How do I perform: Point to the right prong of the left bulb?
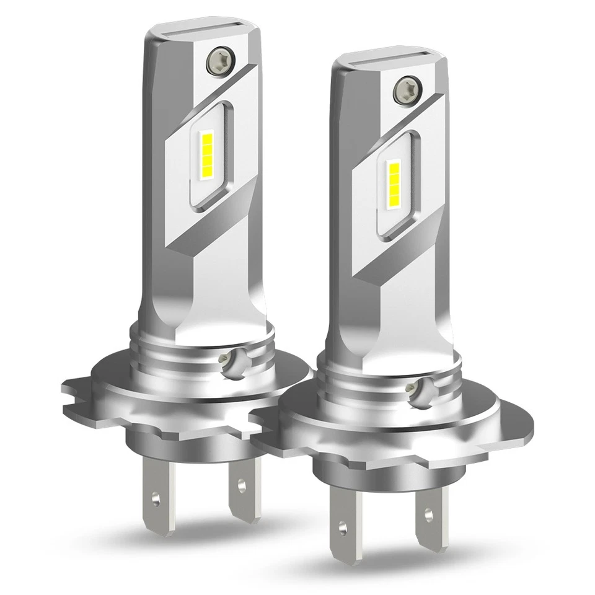(x=242, y=487)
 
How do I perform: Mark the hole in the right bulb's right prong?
(x=428, y=514)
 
